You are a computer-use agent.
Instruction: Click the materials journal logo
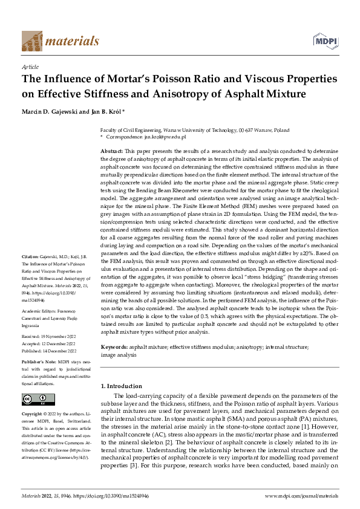click(x=60, y=41)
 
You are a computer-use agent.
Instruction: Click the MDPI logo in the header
click(x=325, y=41)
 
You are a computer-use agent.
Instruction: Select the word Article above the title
click(x=30, y=67)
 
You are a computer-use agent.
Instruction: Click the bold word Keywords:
click(x=114, y=348)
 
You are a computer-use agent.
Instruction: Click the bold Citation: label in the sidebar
click(x=31, y=274)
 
